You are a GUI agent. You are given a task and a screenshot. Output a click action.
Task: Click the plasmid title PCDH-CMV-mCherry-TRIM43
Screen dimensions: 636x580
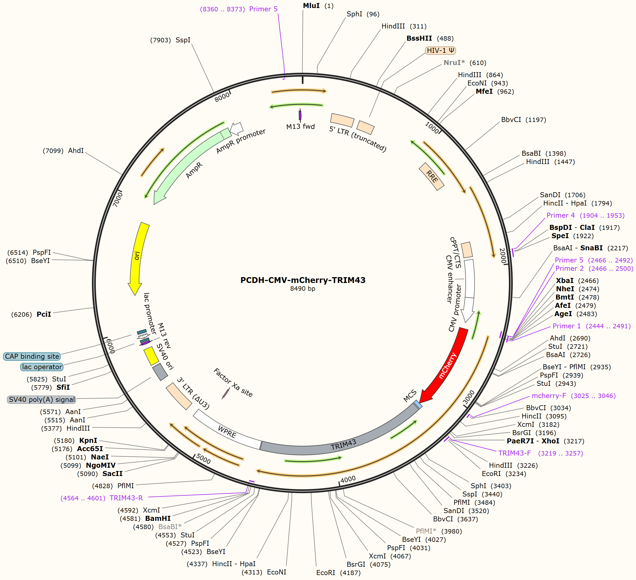click(303, 280)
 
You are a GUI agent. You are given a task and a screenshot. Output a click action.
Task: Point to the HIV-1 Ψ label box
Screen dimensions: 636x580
click(441, 50)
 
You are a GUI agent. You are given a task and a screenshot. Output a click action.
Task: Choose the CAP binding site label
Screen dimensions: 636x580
click(32, 356)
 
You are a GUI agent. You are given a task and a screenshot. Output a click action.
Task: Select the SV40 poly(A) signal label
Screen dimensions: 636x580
click(42, 399)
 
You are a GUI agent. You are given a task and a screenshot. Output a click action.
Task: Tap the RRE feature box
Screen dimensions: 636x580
click(432, 176)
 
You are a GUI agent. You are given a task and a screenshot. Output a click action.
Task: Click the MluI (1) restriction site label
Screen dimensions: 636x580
click(318, 6)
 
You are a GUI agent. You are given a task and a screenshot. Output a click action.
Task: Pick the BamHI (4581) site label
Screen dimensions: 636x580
click(145, 518)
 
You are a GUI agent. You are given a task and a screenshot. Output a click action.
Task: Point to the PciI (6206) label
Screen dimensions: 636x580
click(31, 314)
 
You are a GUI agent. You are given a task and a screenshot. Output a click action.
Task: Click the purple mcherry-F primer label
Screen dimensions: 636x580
click(573, 396)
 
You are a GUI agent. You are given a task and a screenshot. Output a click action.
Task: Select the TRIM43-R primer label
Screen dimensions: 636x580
click(102, 498)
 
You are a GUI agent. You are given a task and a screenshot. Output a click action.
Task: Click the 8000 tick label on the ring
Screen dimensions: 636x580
click(222, 97)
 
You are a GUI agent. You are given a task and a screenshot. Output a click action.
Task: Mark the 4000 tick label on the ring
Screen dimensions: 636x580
click(348, 479)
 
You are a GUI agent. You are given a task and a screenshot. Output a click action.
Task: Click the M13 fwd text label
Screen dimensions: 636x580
click(300, 126)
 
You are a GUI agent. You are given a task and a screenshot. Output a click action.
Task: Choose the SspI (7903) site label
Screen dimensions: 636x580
click(170, 40)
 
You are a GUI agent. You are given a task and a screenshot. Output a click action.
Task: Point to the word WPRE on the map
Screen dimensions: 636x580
click(227, 431)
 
